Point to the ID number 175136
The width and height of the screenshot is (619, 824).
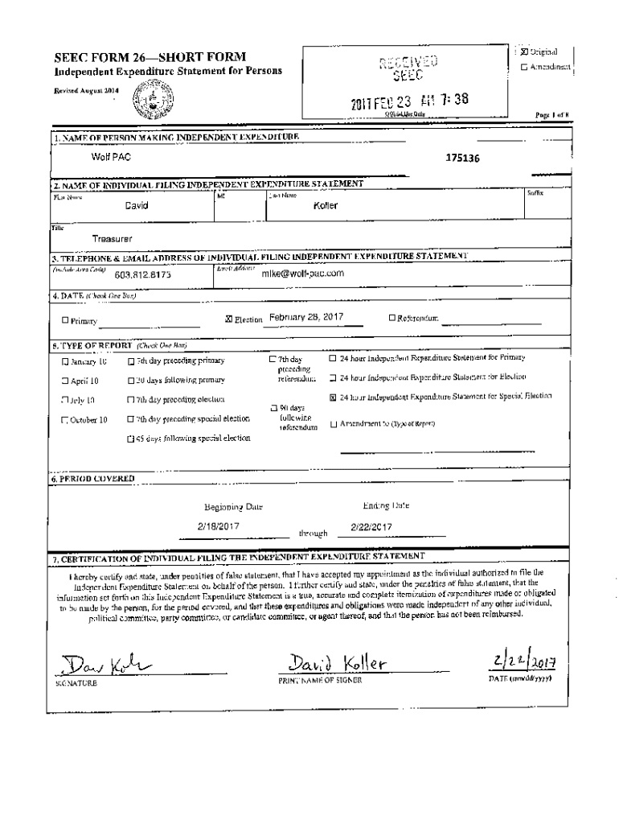463,159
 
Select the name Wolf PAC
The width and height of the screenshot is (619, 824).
106,155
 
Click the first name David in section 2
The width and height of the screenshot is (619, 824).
136,205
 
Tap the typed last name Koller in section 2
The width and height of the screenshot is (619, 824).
326,205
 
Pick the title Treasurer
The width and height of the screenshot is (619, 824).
112,239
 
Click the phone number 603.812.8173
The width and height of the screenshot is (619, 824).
142,274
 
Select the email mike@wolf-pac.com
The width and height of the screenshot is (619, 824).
303,273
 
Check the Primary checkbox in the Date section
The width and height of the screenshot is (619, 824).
65,321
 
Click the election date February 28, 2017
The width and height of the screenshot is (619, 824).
306,317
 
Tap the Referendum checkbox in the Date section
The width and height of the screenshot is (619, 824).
391,318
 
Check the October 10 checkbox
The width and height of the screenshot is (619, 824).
65,420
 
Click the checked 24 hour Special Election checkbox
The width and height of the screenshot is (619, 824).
334,397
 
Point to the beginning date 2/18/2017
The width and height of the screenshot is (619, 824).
222,526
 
